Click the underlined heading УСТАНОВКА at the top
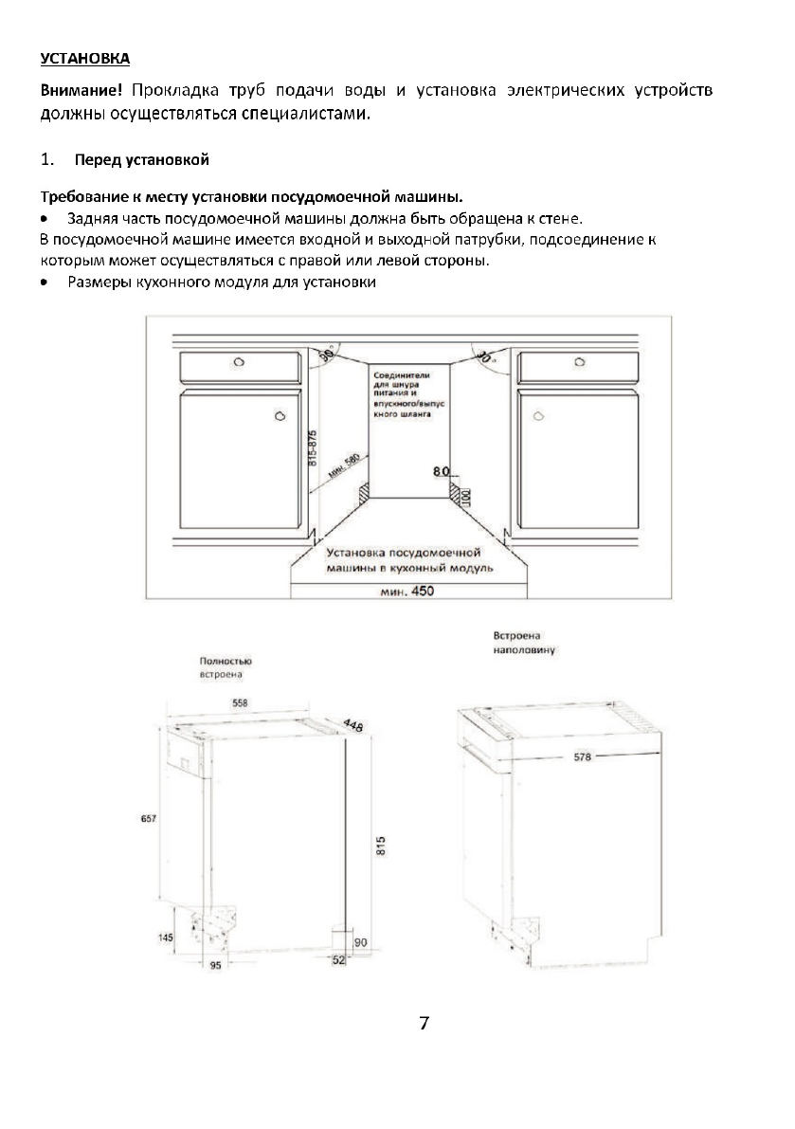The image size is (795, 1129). tap(84, 59)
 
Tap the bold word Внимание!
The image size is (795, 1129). tap(81, 91)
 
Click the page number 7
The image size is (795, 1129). tap(424, 1024)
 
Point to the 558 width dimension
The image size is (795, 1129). tap(240, 703)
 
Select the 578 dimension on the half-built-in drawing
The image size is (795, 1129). tap(582, 757)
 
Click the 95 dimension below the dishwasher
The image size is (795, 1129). tap(215, 966)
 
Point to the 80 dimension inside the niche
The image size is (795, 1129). tap(440, 471)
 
